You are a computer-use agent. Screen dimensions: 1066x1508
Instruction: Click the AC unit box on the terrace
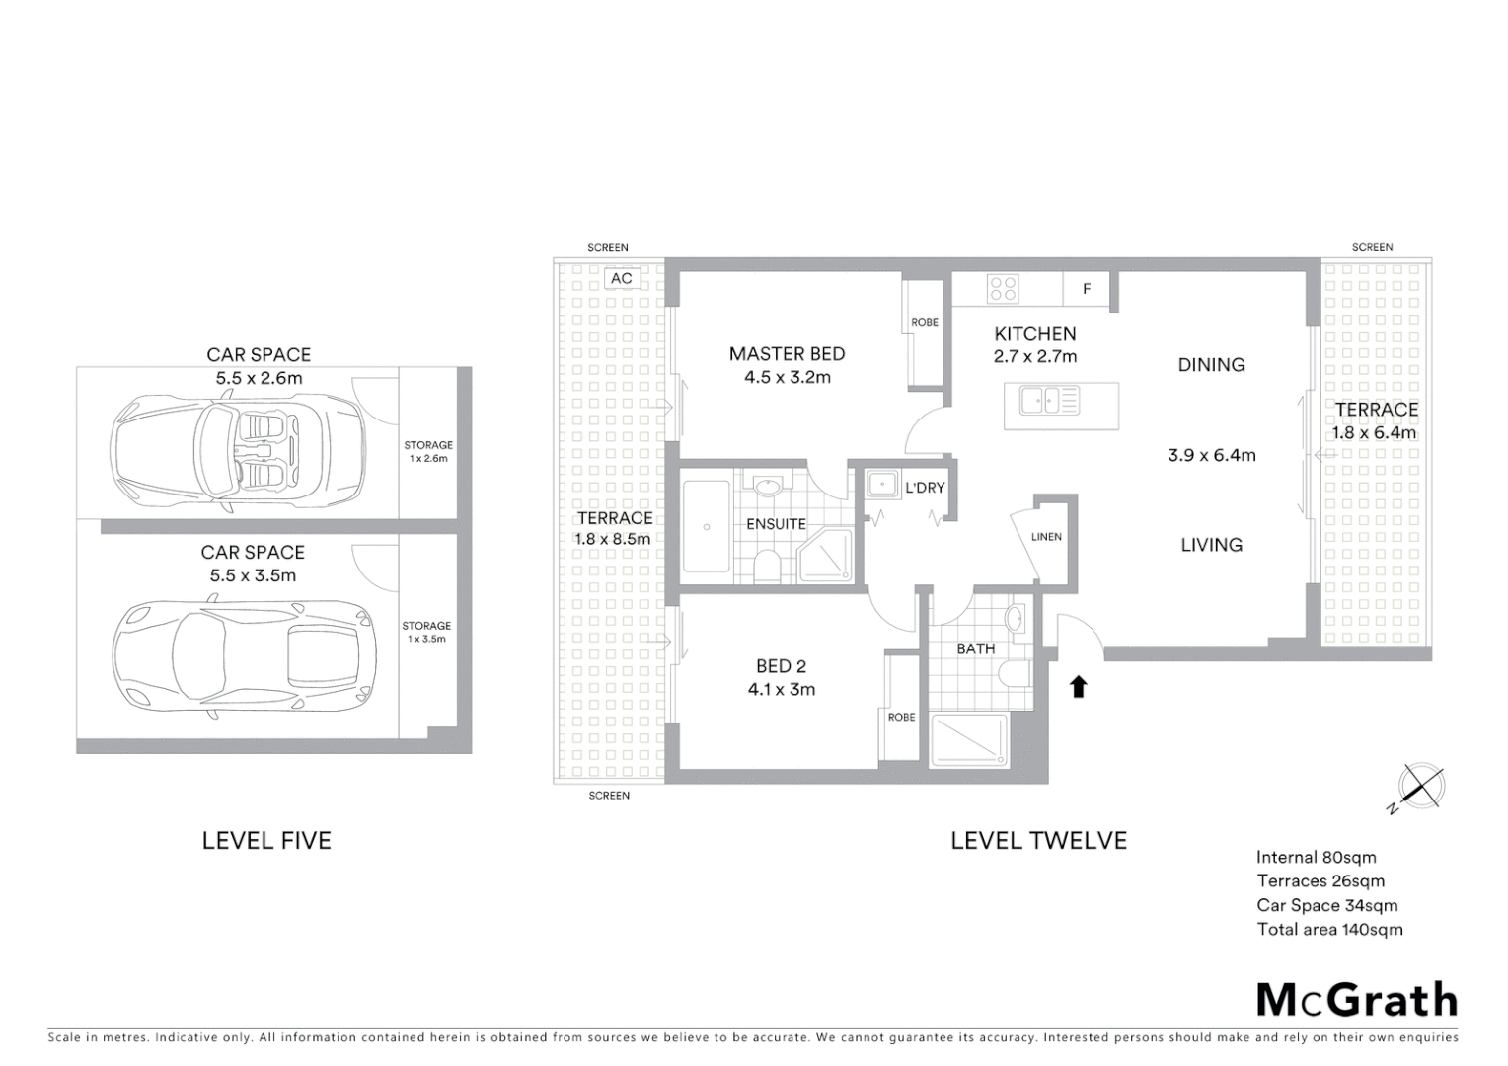point(621,279)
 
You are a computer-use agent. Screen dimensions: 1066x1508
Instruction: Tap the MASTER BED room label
point(787,354)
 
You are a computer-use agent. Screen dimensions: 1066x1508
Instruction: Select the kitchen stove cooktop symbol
point(1003,289)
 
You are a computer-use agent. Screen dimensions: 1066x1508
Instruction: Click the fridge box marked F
point(1087,289)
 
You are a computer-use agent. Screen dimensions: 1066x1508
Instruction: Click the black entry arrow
point(1078,686)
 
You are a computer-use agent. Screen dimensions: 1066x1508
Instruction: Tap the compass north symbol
point(1421,788)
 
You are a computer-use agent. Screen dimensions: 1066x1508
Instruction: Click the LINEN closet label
point(1046,537)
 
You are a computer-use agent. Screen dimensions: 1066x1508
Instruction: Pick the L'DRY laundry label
point(925,488)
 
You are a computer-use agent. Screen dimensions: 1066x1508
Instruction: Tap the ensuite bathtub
point(707,527)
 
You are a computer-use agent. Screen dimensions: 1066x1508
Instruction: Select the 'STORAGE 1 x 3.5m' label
point(426,632)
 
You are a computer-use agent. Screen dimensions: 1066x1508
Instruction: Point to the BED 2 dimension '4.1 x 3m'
point(782,690)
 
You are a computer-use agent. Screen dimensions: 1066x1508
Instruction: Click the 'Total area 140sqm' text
point(1329,929)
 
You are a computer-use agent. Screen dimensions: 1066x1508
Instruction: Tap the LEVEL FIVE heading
point(266,840)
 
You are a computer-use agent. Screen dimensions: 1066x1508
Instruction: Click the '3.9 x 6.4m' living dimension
point(1211,455)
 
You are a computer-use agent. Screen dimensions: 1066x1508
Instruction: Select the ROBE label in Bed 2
point(901,717)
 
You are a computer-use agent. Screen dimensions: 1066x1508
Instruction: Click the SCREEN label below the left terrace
point(609,795)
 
